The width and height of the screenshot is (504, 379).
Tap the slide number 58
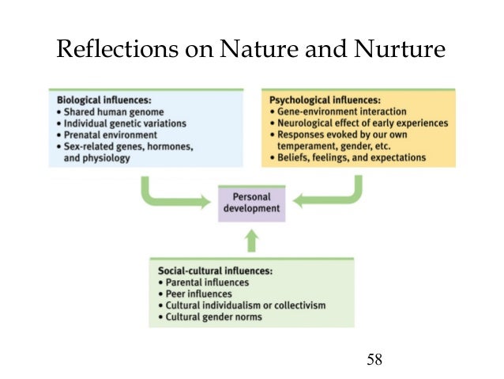pos(374,360)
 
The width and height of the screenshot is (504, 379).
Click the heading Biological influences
pos(103,100)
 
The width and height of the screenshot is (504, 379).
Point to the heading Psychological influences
pos(325,101)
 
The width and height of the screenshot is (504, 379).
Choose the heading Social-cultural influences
pos(215,271)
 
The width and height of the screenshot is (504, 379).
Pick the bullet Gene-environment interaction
pos(335,112)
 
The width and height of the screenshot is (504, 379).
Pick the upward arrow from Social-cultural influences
pos(250,240)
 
